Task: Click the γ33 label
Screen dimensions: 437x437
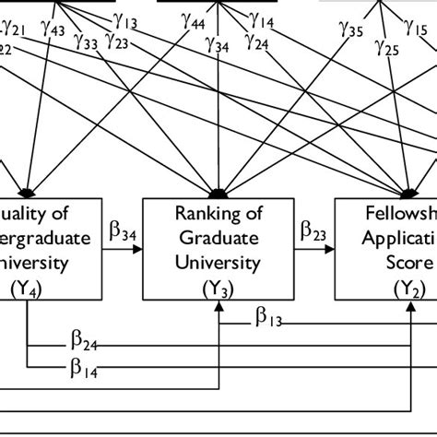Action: point(88,42)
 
